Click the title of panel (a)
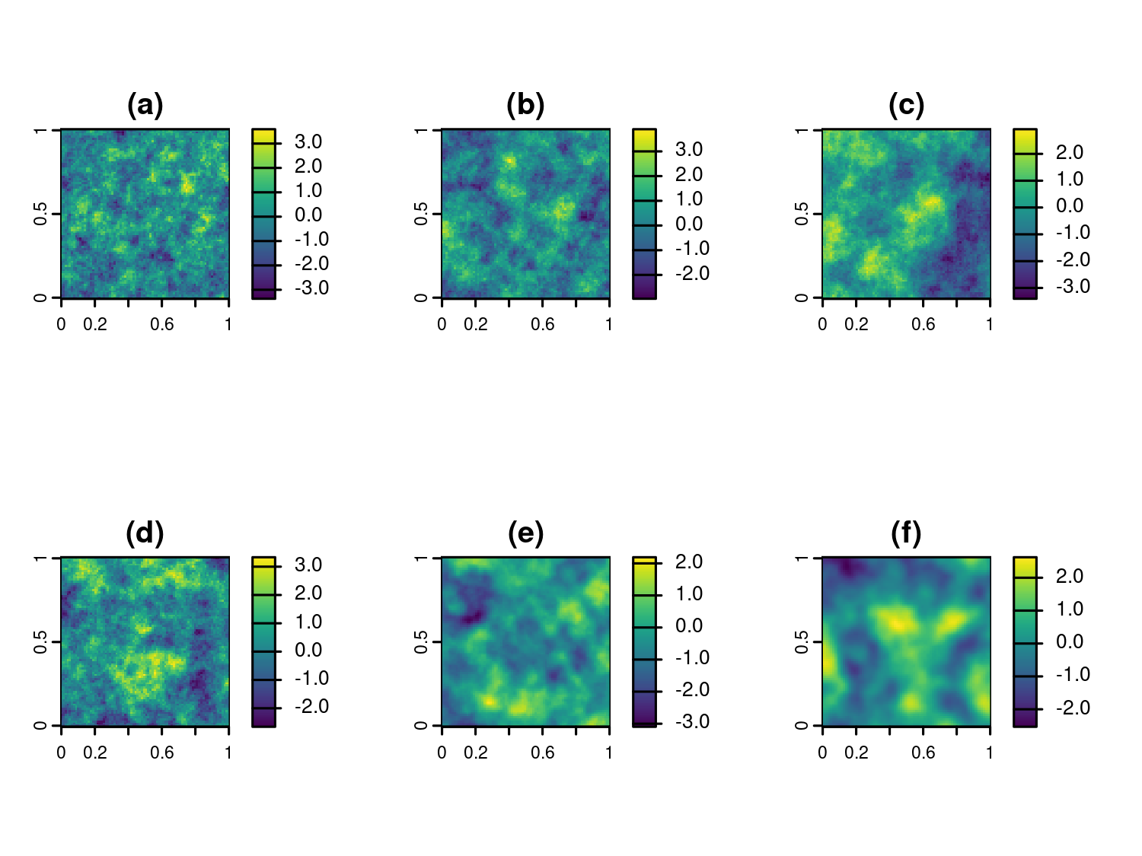tap(145, 105)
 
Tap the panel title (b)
tap(525, 105)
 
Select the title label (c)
tap(906, 105)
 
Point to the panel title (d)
tap(145, 533)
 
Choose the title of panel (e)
tap(525, 533)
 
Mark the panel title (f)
tap(906, 533)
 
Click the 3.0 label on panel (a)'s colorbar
tap(308, 142)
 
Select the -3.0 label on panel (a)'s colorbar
tap(311, 288)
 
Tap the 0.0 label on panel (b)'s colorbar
tap(689, 224)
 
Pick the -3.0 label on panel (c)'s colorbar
tap(1073, 286)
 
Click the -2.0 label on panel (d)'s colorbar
tap(311, 706)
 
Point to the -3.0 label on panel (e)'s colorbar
tap(692, 721)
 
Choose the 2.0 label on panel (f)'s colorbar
tap(1070, 576)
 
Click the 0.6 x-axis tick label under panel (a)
tap(161, 325)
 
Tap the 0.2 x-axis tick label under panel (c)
tap(856, 325)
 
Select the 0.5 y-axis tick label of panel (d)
tap(40, 642)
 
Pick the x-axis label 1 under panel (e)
tap(609, 753)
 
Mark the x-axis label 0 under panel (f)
tap(822, 753)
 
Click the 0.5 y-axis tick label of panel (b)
tap(421, 214)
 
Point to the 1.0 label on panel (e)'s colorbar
tap(689, 593)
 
